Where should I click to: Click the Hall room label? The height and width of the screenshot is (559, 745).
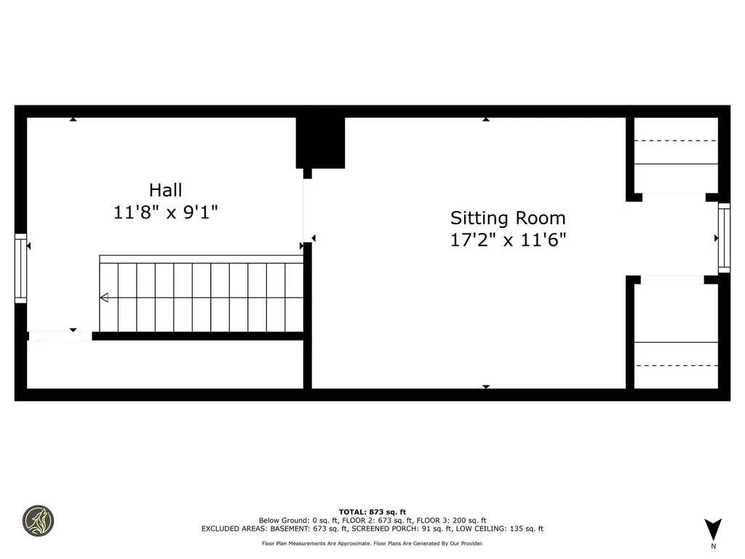point(165,190)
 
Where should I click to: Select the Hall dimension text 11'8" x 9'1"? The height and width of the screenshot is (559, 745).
point(165,213)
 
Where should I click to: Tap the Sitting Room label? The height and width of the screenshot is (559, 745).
point(507,218)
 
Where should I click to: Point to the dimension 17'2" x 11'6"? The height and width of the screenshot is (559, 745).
point(507,240)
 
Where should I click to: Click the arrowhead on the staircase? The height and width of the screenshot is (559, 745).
point(104,297)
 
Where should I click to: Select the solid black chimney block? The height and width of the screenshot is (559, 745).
point(320,142)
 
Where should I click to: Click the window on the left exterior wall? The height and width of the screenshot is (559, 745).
point(20,268)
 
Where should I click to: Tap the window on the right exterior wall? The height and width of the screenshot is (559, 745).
point(724,238)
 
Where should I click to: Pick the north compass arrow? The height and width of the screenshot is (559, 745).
point(713,528)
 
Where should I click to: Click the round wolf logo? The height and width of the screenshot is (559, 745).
point(38,520)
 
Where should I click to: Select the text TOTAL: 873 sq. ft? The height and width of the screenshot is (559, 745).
point(372,512)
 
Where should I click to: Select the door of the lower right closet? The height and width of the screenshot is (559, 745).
point(672,279)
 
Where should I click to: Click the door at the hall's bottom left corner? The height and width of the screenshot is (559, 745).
point(60,336)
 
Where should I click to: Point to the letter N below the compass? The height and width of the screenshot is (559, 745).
point(713,546)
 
